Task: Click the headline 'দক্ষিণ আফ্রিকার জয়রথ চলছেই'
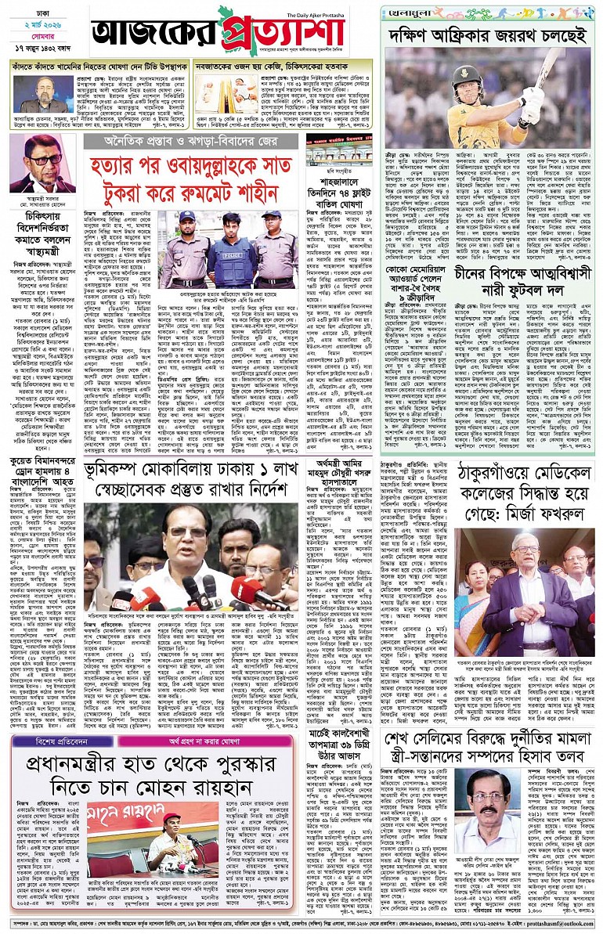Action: tap(487, 35)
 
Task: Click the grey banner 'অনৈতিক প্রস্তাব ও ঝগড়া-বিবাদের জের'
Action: tap(191, 141)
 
